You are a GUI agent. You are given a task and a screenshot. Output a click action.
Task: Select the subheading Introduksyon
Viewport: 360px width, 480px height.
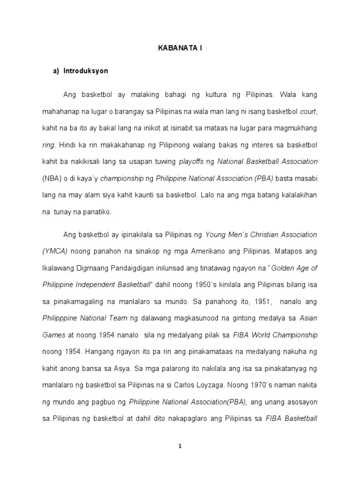[x=83, y=71]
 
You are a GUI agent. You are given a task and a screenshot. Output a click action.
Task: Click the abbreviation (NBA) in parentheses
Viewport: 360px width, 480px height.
[x=51, y=179]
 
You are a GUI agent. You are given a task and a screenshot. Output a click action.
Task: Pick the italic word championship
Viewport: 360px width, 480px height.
[x=120, y=179]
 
